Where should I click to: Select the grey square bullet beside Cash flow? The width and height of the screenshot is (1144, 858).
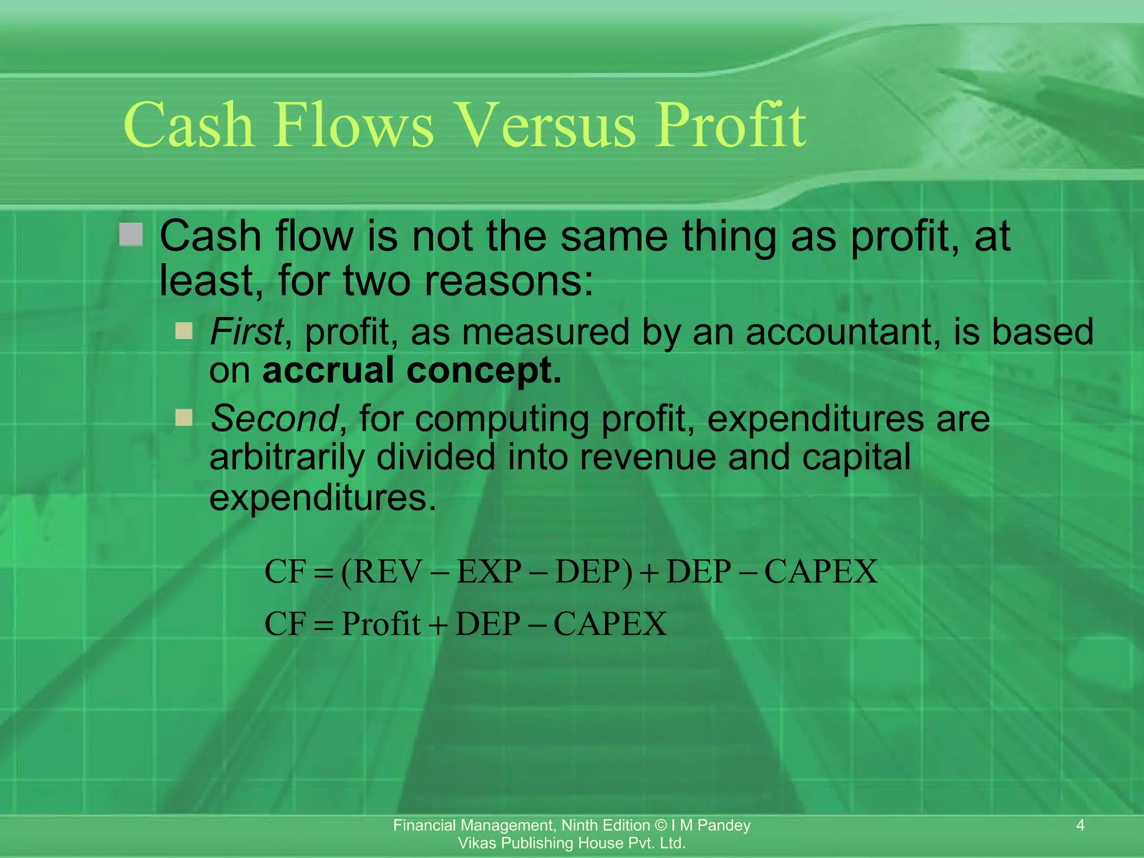point(131,235)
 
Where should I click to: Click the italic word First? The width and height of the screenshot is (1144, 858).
point(246,332)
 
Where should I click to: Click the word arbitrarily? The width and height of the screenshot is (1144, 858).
point(287,457)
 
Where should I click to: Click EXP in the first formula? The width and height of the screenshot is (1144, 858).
point(489,572)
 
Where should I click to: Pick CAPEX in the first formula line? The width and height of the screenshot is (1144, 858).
point(821,572)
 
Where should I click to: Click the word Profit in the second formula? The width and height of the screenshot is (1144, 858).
point(381,624)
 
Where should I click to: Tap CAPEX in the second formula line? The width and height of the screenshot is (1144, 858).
point(610,624)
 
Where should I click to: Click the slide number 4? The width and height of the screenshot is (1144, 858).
point(1080,825)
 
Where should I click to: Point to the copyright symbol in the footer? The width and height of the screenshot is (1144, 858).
point(661,826)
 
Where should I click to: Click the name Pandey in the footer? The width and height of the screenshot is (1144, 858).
point(724,826)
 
